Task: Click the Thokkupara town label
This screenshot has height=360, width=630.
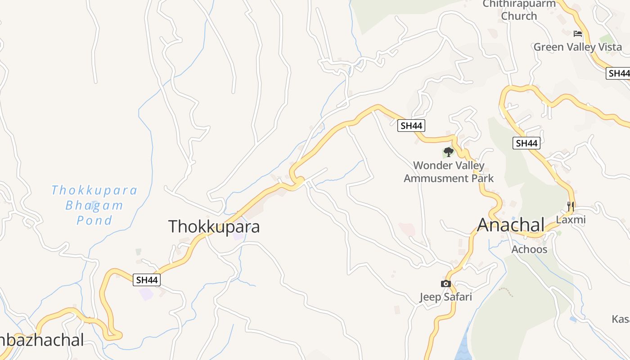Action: [x=214, y=226]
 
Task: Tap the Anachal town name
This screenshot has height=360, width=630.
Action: [x=511, y=225]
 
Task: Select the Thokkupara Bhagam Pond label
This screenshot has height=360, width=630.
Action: [x=94, y=205]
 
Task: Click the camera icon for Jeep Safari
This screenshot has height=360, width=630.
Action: [x=445, y=283]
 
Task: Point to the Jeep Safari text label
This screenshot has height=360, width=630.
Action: [x=445, y=297]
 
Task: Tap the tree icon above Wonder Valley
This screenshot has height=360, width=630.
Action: [x=448, y=152]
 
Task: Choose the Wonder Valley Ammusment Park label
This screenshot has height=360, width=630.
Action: [x=449, y=171]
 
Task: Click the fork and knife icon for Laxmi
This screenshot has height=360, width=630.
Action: [x=571, y=207]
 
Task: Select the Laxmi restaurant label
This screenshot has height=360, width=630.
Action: [x=571, y=220]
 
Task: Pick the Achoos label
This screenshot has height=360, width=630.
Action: [x=529, y=249]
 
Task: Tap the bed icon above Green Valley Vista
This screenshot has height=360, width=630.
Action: [x=578, y=34]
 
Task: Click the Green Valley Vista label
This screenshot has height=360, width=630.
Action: [x=578, y=47]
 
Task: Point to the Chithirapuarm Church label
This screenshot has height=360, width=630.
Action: [x=519, y=10]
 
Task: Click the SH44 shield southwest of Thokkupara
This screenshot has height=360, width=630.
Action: [x=147, y=280]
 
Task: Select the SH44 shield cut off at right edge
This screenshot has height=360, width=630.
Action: [x=618, y=73]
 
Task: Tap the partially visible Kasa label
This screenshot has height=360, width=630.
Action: [x=621, y=319]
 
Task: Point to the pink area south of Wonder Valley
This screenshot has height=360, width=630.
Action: [x=407, y=229]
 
